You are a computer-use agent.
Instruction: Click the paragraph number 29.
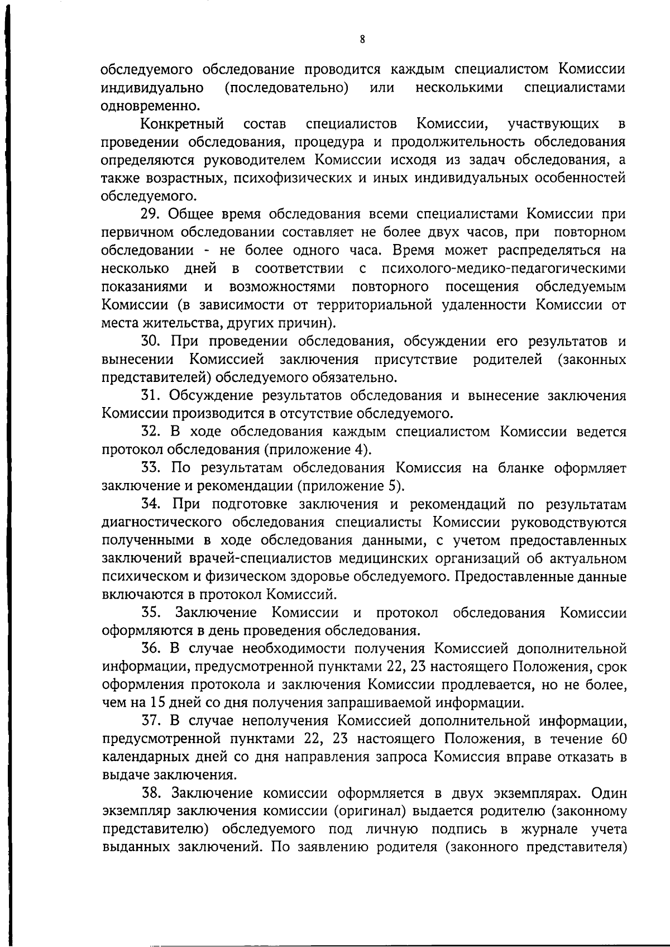(151, 214)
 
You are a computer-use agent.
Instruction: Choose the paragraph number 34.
(151, 504)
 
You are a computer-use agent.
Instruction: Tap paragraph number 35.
(151, 613)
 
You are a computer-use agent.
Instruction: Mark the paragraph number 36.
(151, 649)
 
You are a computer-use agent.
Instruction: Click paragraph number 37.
(151, 721)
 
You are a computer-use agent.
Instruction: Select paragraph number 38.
(151, 793)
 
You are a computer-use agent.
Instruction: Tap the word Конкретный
(182, 123)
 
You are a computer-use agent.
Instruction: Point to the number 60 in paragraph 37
(618, 739)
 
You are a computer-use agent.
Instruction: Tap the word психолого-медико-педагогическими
(504, 269)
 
